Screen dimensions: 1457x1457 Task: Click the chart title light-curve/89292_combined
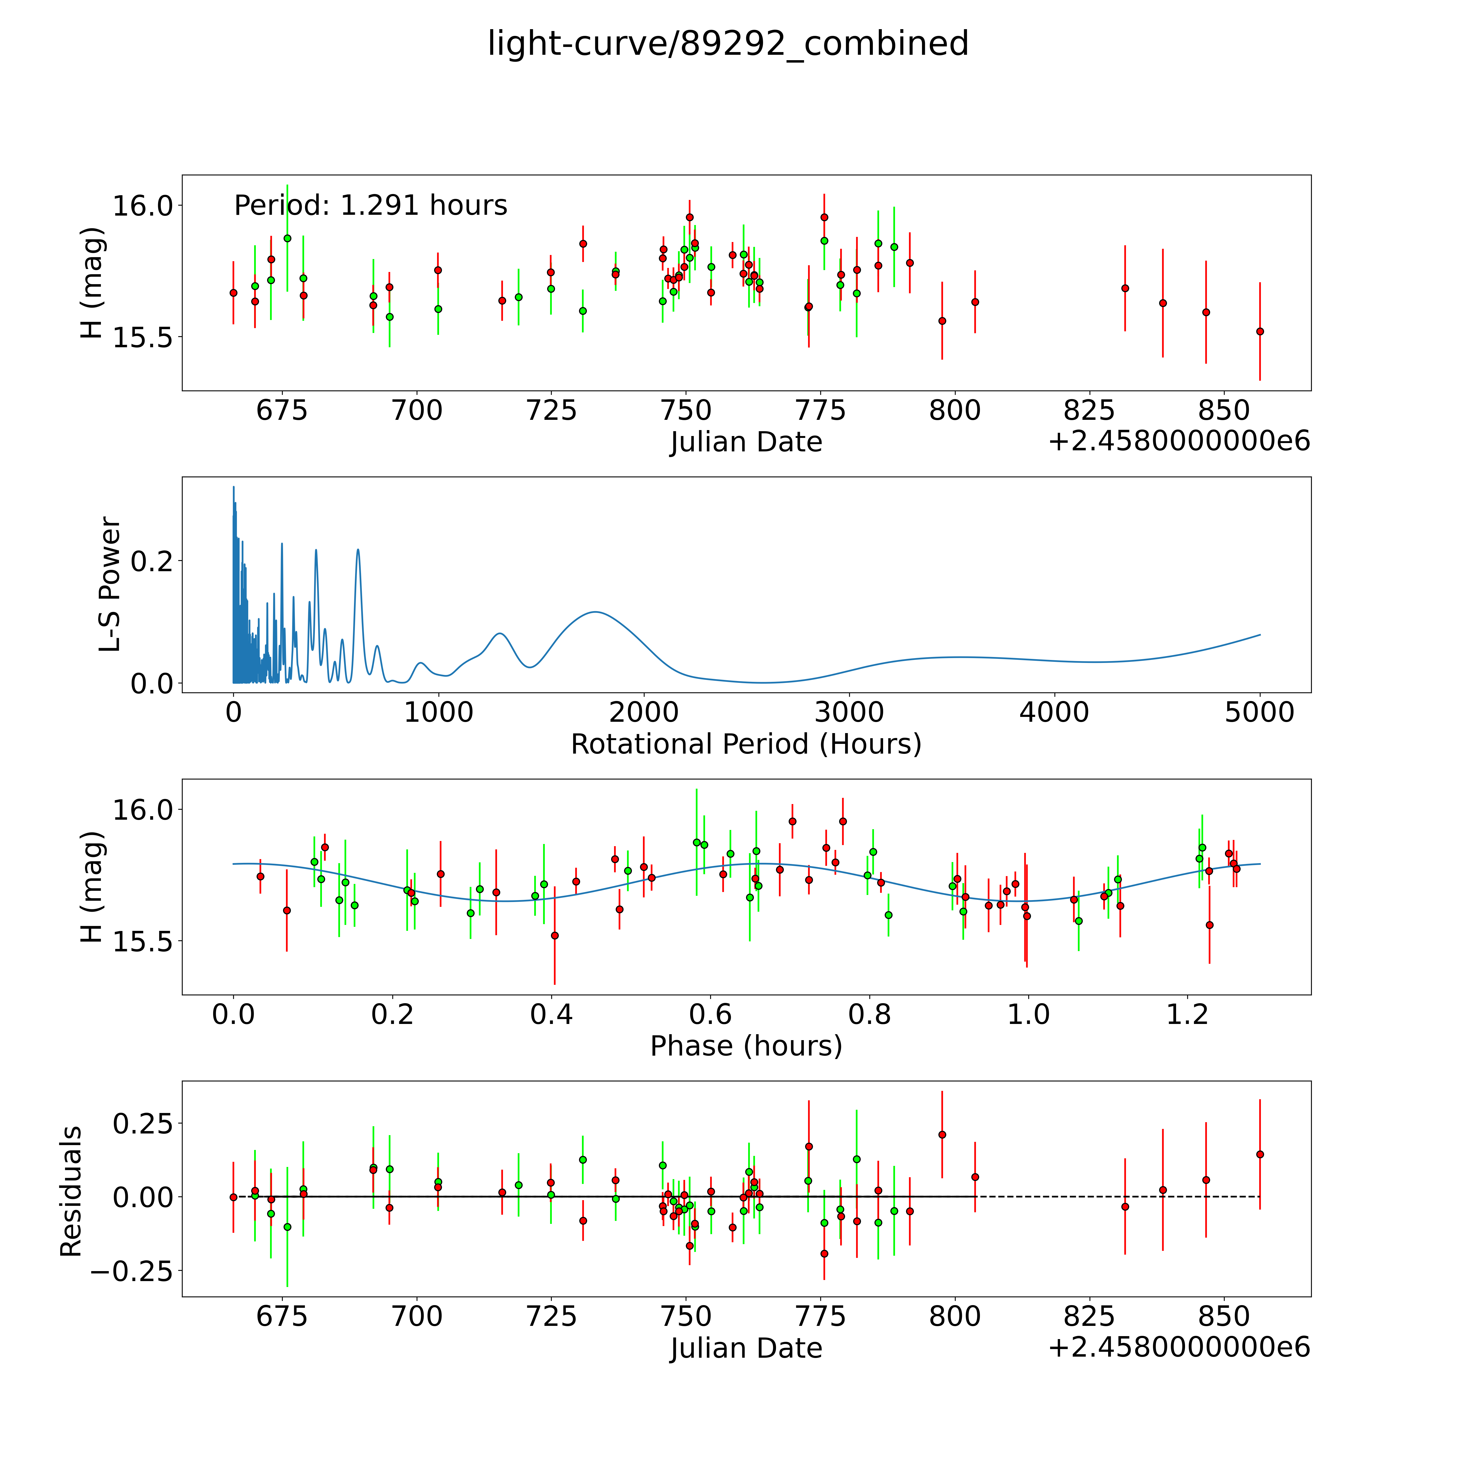coord(728,44)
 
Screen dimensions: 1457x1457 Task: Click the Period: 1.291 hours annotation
coord(370,205)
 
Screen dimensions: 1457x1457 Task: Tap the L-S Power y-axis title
coord(110,584)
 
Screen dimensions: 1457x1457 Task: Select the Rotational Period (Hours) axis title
coord(746,744)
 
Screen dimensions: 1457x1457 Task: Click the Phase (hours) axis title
coord(746,1046)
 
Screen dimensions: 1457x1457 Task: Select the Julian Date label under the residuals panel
coord(746,1348)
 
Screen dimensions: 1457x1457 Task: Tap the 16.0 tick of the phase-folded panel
coord(142,809)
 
